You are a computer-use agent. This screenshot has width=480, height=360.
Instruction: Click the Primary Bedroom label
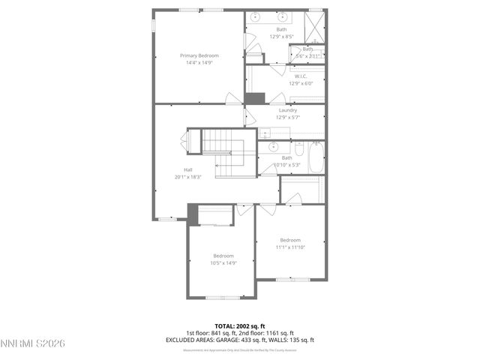(x=199, y=55)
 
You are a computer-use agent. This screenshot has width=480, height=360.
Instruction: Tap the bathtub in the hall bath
(x=315, y=158)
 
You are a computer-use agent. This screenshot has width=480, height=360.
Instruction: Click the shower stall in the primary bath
(x=316, y=27)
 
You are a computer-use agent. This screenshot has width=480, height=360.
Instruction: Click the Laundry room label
(x=286, y=109)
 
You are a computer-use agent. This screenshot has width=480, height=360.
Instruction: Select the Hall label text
(x=188, y=169)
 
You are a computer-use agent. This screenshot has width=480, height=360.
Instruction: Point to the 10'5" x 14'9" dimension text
(x=223, y=262)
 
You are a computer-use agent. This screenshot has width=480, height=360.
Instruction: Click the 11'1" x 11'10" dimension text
(x=290, y=247)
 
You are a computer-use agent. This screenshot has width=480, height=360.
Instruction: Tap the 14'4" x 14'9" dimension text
(x=199, y=63)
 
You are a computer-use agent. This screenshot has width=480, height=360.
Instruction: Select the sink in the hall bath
(x=272, y=148)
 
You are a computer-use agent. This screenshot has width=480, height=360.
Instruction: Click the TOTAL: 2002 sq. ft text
(x=239, y=327)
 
